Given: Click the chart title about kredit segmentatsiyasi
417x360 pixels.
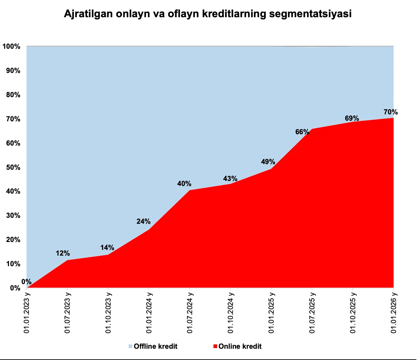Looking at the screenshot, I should click(208, 14).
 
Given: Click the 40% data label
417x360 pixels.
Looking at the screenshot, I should click(184, 184).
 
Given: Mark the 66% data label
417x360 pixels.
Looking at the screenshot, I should click(302, 132).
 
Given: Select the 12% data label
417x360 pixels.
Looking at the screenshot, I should click(63, 253).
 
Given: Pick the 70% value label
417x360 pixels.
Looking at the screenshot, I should click(390, 112).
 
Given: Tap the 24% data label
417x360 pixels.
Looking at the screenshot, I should click(144, 221).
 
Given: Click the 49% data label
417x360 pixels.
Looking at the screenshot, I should click(268, 162).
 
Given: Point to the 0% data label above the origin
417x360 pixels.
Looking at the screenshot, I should click(26, 282).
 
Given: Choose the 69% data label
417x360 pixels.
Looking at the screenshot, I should click(352, 118).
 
